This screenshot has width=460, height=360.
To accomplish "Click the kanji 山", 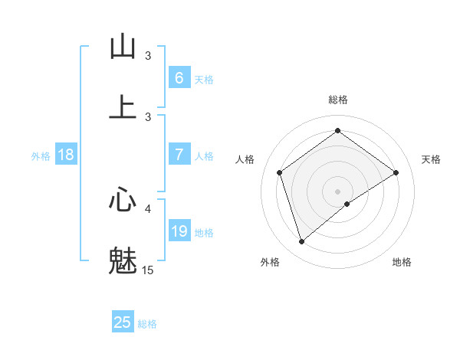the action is [x=123, y=47].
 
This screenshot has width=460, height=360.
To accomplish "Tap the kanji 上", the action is [x=123, y=106].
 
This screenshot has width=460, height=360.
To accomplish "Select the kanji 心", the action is [x=123, y=200].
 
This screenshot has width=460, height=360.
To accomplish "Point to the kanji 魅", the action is [x=123, y=260].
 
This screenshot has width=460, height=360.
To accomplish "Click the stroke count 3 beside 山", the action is [x=148, y=56].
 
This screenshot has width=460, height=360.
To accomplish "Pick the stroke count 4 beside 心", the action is [x=148, y=208].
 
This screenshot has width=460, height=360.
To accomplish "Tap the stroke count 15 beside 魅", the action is [x=148, y=270].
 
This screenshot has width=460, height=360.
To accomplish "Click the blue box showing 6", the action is [x=179, y=77].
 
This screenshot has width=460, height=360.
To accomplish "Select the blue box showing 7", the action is [x=179, y=155].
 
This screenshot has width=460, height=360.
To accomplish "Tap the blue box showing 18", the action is [x=66, y=155].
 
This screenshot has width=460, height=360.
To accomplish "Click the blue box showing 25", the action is [x=123, y=322].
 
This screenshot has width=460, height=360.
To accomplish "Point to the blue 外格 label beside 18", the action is [x=41, y=156].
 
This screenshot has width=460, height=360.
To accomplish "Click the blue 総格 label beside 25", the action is [x=147, y=324].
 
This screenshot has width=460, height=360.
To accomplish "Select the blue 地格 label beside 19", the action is [x=204, y=233].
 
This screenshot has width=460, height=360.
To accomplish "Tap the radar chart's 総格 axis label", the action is [x=337, y=100].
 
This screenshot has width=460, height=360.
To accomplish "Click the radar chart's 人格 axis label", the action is [x=245, y=159].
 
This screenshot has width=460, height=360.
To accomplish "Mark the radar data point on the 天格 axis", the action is [x=396, y=172].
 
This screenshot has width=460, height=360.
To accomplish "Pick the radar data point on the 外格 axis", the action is [x=301, y=242].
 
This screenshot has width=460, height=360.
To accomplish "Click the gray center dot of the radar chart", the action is [x=337, y=191].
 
